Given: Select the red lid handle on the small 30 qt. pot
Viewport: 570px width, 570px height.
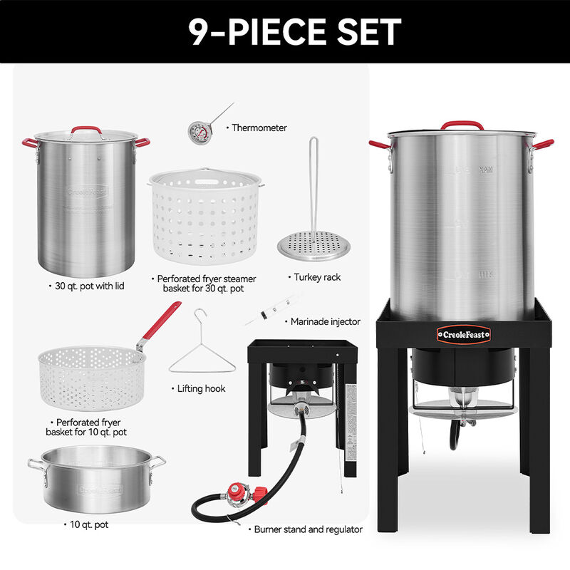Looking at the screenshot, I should tap(85, 130).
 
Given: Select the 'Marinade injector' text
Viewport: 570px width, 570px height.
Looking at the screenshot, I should tap(325, 322).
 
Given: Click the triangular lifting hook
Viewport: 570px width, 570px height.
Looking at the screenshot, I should tap(201, 352).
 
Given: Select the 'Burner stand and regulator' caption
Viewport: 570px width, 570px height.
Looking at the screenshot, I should tap(305, 529).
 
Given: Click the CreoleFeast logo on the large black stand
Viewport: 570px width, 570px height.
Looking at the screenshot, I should tap(462, 332).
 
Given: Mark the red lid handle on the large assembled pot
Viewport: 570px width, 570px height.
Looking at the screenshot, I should tap(462, 126).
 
